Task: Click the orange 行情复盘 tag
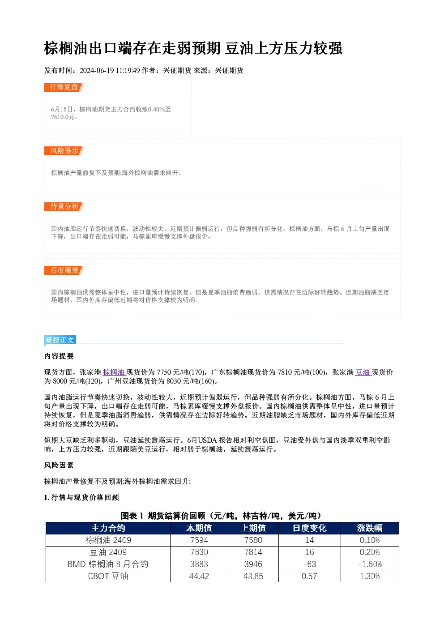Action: (x=64, y=87)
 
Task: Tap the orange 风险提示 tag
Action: (x=64, y=151)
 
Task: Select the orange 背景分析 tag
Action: (x=64, y=207)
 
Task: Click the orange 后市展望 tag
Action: (x=64, y=270)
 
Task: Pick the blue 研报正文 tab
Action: (x=60, y=340)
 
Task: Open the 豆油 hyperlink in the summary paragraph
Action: (x=363, y=372)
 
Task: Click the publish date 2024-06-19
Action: (x=97, y=70)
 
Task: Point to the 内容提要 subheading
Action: (x=59, y=356)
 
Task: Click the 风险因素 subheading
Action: (x=59, y=466)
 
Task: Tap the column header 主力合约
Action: (x=108, y=528)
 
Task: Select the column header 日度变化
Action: (x=309, y=528)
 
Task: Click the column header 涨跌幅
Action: (x=370, y=528)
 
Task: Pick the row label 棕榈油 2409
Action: (x=108, y=540)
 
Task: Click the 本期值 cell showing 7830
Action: (x=199, y=552)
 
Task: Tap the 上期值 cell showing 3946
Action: (x=253, y=564)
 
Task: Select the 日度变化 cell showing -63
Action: (x=310, y=564)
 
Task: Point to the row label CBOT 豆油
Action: (x=108, y=576)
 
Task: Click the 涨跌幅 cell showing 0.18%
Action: (x=370, y=540)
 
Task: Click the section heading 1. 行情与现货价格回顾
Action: (x=81, y=498)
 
